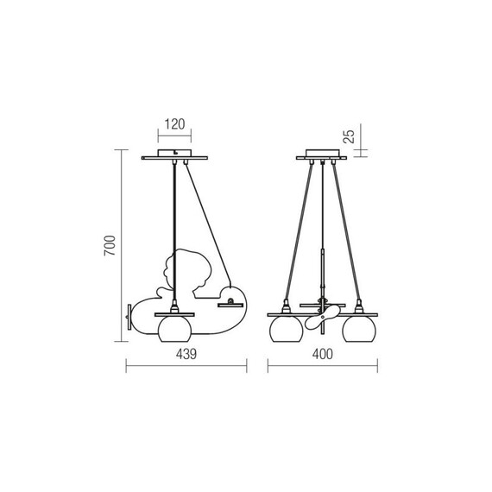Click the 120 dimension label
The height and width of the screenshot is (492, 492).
[174, 124]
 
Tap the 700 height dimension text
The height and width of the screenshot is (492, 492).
[110, 245]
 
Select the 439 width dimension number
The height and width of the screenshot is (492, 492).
[186, 354]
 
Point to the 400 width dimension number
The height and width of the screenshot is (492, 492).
[322, 354]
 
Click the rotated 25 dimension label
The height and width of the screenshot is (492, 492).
[349, 136]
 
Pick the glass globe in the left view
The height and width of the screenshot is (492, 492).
[174, 329]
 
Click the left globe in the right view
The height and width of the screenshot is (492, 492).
[287, 329]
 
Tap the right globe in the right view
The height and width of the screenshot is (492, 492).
[359, 329]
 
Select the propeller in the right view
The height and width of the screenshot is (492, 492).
[322, 318]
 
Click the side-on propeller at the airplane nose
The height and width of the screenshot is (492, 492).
[129, 317]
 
